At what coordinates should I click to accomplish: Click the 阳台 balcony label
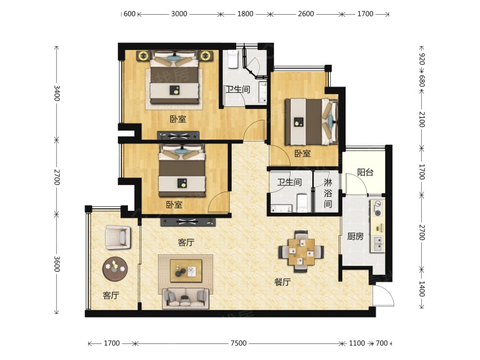pyautogui.click(x=365, y=172)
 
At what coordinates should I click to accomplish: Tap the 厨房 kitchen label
pyautogui.click(x=355, y=236)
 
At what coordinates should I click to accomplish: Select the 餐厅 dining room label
pyautogui.click(x=282, y=282)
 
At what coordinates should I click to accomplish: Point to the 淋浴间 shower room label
pyautogui.click(x=328, y=193)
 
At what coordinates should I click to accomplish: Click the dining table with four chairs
pyautogui.click(x=301, y=251)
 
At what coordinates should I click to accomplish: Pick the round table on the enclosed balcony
pyautogui.click(x=115, y=268)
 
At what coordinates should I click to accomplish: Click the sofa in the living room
pyautogui.click(x=186, y=298)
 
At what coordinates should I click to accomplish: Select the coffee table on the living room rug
pyautogui.click(x=186, y=271)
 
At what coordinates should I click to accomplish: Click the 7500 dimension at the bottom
pyautogui.click(x=239, y=343)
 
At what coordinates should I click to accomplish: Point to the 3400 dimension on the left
pyautogui.click(x=57, y=93)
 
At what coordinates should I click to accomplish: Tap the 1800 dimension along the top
pyautogui.click(x=245, y=14)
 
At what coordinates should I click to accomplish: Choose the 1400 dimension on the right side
pyautogui.click(x=422, y=289)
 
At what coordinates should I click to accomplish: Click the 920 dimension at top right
pyautogui.click(x=422, y=59)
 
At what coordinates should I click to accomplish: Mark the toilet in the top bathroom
pyautogui.click(x=233, y=59)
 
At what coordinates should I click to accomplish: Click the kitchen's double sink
pyautogui.click(x=378, y=244)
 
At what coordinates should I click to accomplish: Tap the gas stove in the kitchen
pyautogui.click(x=378, y=208)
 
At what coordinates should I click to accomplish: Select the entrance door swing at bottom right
pyautogui.click(x=384, y=295)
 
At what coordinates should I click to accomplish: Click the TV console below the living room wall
pyautogui.click(x=188, y=222)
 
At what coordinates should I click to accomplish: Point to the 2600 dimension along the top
pyautogui.click(x=306, y=14)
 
